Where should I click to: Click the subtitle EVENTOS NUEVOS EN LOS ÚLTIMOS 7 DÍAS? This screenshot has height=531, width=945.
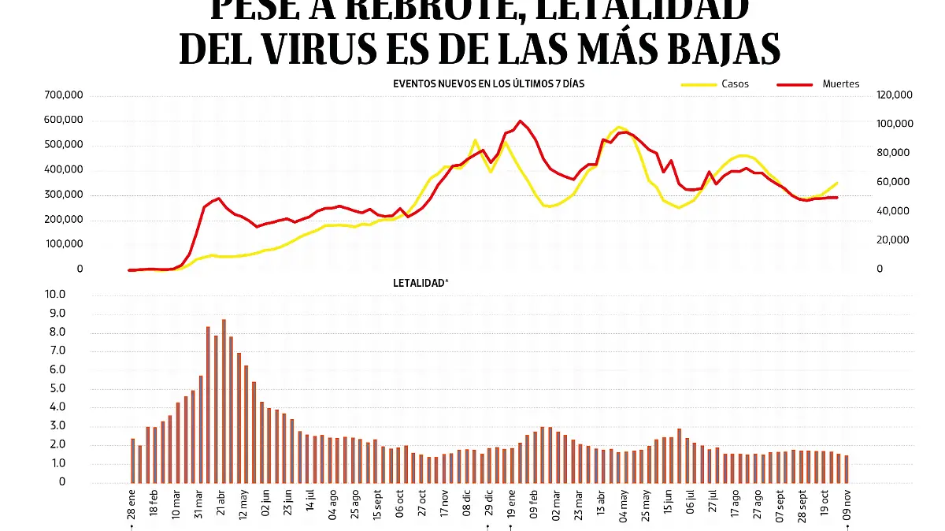488,83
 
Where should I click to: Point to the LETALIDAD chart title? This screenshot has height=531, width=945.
420,282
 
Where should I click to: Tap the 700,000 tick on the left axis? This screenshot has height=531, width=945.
66,95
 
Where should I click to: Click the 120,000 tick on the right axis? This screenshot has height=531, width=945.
894,95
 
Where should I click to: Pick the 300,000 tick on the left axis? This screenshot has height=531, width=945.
66,195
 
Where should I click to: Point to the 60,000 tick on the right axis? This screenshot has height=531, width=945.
894,182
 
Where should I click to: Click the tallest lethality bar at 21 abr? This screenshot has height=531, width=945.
224,400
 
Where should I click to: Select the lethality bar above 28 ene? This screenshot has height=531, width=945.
132,460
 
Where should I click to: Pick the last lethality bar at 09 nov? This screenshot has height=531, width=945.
847,469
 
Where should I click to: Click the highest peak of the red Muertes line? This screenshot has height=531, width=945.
520,121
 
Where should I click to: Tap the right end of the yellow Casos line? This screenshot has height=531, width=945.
836,183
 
